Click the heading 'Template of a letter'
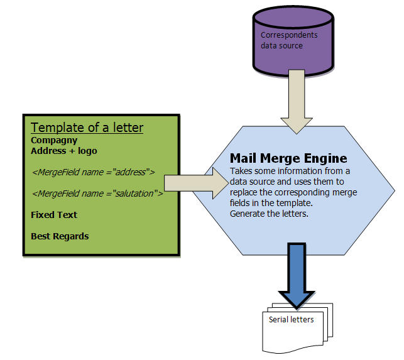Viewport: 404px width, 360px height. [x=87, y=128]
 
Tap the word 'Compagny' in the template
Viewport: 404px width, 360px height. [x=54, y=140]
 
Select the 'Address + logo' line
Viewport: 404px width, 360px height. [x=64, y=151]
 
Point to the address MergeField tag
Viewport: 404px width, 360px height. [x=93, y=171]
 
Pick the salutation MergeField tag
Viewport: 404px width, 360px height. [x=97, y=194]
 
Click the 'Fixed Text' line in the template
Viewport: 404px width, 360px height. [x=54, y=215]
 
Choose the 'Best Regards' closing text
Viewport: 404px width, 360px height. [x=60, y=236]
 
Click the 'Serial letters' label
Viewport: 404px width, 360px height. [x=291, y=319]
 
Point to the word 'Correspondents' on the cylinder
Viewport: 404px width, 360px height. [x=289, y=35]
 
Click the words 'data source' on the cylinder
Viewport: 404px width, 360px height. [x=282, y=46]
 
